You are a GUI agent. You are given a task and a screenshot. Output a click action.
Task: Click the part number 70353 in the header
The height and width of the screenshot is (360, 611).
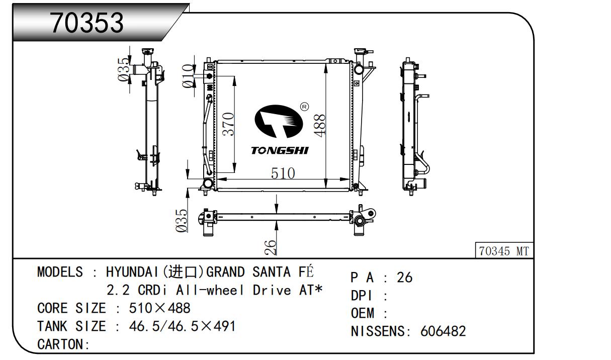87,23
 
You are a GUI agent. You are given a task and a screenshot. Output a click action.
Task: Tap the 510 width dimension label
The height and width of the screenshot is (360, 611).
283,173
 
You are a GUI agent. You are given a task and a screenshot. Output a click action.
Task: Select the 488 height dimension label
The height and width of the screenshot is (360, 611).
320,126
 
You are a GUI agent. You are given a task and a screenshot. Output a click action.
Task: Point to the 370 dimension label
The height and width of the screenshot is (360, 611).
228,124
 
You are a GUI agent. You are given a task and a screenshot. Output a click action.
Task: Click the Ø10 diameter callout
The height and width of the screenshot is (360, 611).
188,76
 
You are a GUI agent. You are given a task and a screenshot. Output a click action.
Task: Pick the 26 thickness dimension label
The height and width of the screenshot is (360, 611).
271,247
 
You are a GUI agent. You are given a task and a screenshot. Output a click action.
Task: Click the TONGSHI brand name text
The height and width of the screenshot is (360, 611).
280,150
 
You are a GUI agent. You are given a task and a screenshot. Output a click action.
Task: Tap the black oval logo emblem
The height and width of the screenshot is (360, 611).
279,121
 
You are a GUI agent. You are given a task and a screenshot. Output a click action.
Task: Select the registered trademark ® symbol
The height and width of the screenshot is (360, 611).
304,107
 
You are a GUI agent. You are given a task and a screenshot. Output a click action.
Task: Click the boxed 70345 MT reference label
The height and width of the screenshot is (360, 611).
504,251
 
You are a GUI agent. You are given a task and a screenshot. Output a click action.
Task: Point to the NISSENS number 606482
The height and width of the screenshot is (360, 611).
443,331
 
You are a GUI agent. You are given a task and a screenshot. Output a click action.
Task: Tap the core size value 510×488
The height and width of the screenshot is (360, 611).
159,308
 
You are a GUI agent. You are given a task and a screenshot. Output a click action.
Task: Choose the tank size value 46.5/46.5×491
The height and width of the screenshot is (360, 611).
182,326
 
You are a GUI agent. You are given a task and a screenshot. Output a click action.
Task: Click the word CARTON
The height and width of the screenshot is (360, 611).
60,344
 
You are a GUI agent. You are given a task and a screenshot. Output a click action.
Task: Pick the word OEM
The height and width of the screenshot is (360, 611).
362,313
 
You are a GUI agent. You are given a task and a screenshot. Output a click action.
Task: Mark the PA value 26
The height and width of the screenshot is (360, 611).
404,278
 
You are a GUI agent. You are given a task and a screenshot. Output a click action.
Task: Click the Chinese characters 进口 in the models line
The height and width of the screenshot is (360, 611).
183,272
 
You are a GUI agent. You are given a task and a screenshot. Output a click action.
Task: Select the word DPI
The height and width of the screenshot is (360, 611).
362,296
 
